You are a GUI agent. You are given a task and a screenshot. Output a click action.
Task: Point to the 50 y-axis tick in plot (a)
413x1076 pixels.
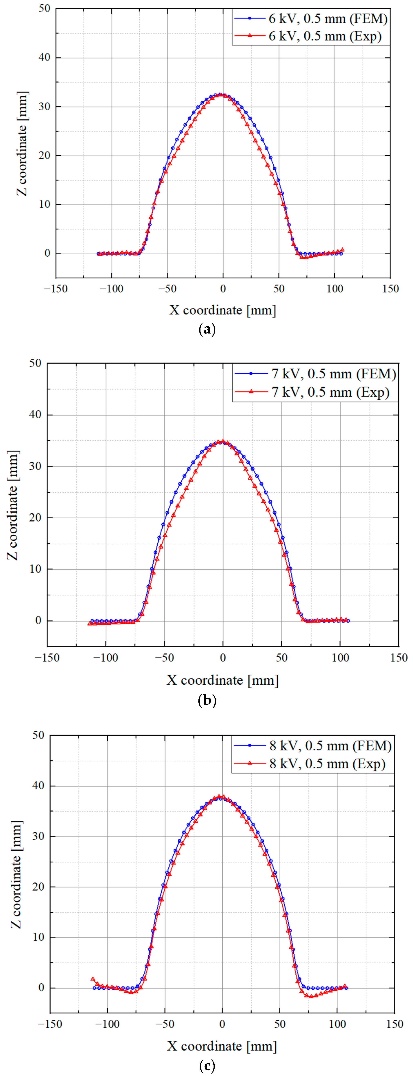click(44, 9)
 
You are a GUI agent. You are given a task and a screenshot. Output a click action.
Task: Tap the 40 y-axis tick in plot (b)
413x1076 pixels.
click(36, 415)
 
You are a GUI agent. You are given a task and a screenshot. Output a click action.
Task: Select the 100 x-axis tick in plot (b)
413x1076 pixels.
click(340, 657)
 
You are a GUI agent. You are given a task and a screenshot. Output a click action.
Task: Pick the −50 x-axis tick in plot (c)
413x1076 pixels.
click(165, 1024)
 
